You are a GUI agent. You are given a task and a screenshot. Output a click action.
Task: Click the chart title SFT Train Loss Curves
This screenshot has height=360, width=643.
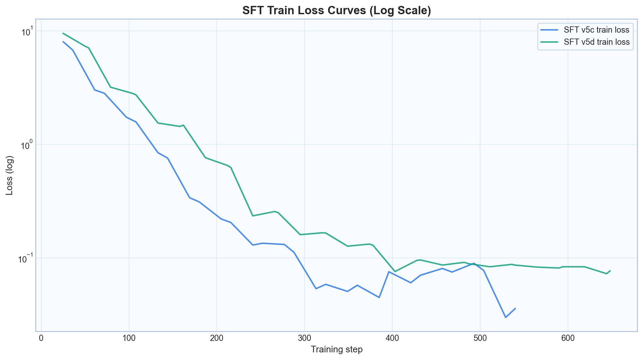point(336,11)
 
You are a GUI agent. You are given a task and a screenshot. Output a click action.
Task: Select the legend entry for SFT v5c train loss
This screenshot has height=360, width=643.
point(596,30)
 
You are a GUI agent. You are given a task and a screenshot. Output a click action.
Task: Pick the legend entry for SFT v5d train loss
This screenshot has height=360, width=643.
point(596,42)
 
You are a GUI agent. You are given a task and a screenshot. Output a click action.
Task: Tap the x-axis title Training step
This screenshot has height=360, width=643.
point(336,349)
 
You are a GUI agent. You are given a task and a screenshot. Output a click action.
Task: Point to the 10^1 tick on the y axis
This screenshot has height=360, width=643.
point(26,31)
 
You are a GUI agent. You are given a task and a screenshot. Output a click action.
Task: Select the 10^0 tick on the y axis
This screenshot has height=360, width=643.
point(26,144)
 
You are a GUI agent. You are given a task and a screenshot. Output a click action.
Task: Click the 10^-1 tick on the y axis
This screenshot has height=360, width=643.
point(26,258)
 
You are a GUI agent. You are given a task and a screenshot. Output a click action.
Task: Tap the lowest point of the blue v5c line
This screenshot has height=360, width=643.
point(506,317)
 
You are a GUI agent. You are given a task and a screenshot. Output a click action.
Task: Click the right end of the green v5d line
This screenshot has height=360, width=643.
point(610,271)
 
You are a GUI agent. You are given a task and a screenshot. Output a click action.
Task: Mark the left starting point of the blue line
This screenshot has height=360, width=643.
point(63,42)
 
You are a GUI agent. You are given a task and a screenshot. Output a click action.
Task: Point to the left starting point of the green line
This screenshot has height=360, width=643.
point(63,33)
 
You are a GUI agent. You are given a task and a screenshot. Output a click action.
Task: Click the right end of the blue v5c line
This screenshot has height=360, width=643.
point(515,308)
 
